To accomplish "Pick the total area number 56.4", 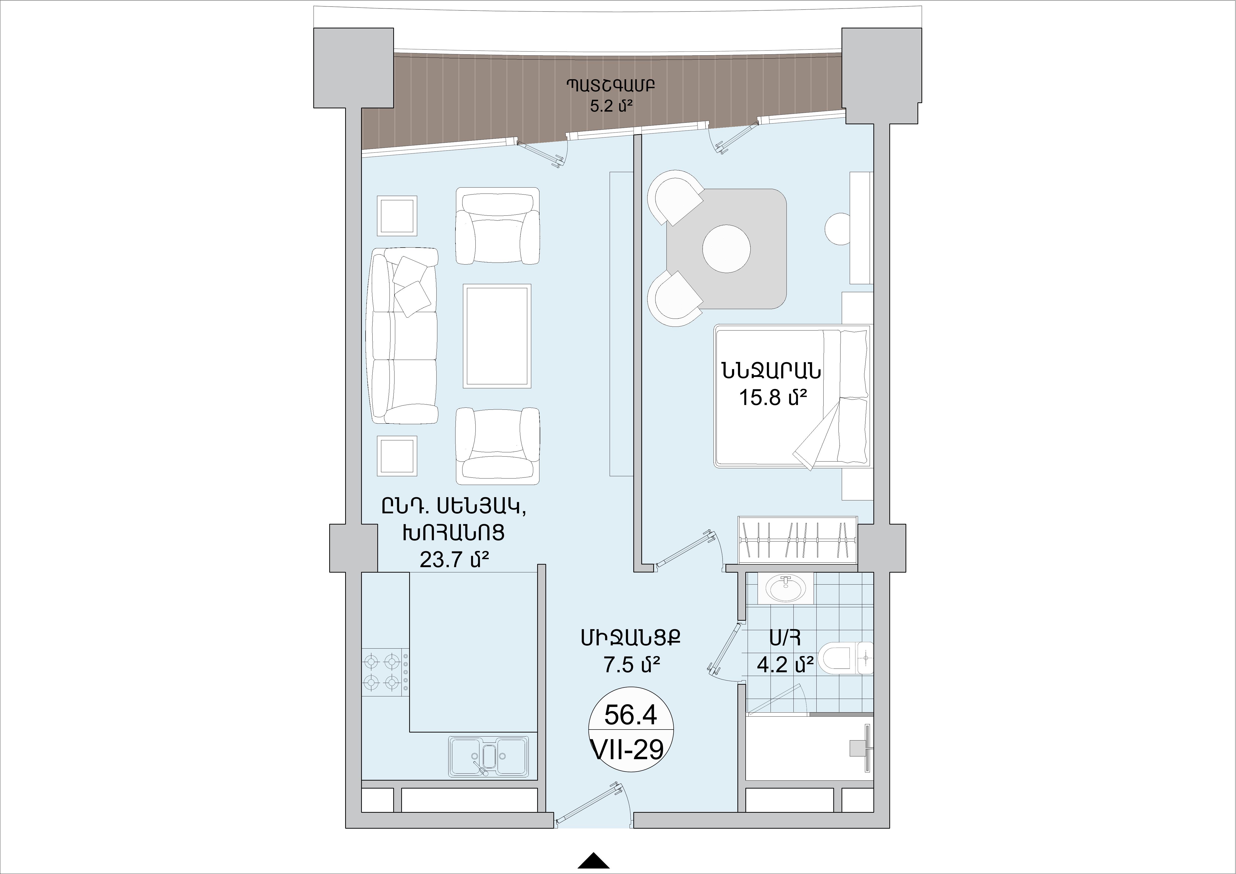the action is pos(631,715).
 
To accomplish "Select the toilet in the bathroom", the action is pos(845,658).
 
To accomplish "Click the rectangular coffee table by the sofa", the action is pos(496,335).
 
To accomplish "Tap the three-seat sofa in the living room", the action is pos(404,336).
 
